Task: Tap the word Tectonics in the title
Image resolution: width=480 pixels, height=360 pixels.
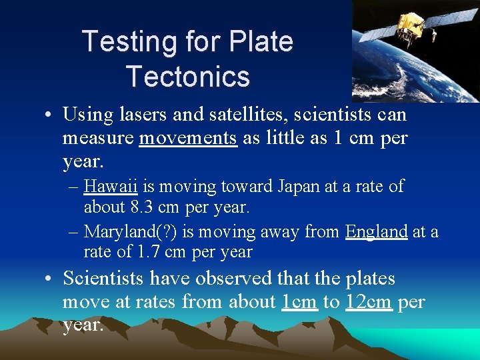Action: pos(187,76)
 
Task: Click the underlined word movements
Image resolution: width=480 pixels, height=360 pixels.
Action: pos(188,138)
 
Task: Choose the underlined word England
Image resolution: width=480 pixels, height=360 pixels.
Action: pos(376,231)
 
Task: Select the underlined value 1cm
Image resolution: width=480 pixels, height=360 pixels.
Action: pos(299,302)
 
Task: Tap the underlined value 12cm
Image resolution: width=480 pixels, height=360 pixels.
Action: pos(369,302)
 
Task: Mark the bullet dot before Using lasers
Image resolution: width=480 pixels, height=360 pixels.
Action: pos(49,115)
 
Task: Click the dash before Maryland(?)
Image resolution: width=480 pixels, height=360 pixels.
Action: pos(73,231)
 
